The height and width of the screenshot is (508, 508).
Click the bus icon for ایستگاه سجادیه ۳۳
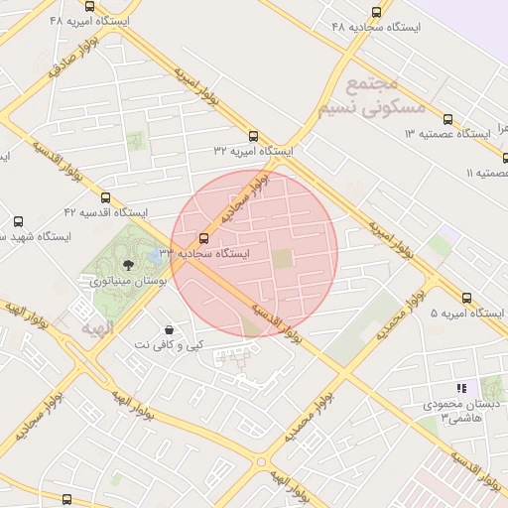[204, 238]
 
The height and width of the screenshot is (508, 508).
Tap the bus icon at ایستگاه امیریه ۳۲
[253, 136]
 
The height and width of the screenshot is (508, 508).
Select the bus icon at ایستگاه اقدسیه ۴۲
[106, 197]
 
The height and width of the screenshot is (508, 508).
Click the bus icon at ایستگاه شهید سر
[19, 221]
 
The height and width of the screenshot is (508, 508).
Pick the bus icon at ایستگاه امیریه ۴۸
[90, 5]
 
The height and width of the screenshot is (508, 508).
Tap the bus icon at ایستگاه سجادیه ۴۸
[375, 12]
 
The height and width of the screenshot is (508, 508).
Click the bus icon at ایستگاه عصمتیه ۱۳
[447, 119]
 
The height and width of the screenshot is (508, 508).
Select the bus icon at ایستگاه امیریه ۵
[466, 298]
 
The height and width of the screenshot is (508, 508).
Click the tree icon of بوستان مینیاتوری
[128, 265]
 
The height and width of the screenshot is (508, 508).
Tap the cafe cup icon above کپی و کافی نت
[170, 328]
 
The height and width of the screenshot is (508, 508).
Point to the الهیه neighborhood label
[98, 326]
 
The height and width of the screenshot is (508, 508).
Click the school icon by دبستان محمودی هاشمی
[460, 388]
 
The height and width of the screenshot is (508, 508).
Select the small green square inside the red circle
[284, 259]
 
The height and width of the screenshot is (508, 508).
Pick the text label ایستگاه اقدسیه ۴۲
[105, 212]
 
